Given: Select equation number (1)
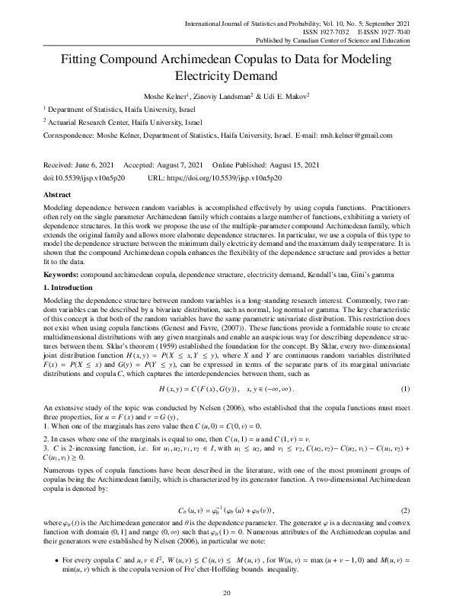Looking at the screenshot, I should [x=406, y=366].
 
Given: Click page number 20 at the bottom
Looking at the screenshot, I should [x=226, y=593].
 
